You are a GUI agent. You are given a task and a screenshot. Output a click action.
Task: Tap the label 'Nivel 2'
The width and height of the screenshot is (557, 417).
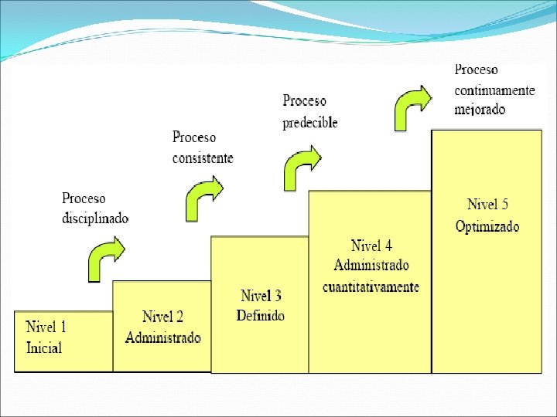point(162,317)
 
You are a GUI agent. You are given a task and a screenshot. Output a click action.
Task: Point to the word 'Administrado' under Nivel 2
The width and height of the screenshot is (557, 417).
point(163,337)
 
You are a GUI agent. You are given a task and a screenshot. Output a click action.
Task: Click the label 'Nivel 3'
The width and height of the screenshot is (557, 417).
point(261,296)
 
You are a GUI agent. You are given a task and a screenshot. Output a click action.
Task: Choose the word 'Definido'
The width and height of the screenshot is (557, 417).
point(261,315)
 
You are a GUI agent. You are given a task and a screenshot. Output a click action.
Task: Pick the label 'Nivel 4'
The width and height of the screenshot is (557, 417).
point(371,246)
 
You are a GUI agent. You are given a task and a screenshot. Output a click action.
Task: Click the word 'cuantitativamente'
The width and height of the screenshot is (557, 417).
point(371,286)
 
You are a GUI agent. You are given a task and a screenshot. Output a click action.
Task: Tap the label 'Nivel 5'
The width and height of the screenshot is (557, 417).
point(487,205)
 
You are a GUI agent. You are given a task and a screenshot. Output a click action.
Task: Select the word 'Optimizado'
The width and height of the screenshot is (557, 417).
point(487,226)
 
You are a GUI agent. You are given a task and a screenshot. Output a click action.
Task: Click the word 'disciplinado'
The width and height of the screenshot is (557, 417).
point(95,218)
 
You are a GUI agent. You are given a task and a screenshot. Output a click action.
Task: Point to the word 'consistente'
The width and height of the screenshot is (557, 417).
point(203,158)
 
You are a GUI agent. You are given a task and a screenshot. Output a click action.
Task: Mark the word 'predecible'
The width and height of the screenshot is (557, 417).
point(310,122)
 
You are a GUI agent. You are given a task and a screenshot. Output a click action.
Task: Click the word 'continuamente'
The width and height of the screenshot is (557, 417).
point(494,90)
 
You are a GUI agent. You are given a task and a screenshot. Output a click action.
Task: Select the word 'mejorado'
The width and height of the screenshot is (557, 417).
point(480,109)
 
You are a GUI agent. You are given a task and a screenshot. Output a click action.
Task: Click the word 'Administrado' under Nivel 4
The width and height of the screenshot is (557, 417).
point(371,266)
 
